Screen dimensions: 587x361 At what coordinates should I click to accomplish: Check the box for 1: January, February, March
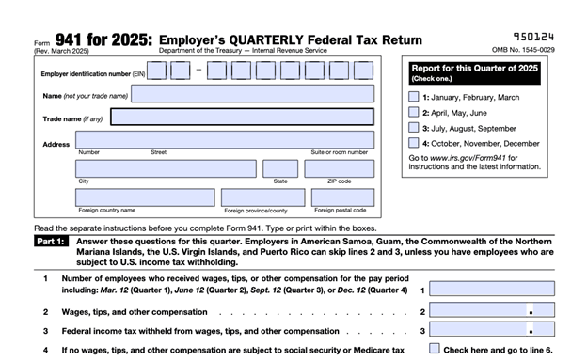[414, 97]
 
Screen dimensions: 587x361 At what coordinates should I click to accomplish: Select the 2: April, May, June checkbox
[414, 112]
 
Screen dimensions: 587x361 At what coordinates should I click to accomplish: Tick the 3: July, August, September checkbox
[414, 127]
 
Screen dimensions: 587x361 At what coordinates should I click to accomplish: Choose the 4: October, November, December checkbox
[414, 143]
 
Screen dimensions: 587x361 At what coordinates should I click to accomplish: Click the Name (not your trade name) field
[251, 94]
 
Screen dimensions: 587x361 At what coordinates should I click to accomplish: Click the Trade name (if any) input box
[241, 118]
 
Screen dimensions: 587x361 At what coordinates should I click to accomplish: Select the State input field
[280, 168]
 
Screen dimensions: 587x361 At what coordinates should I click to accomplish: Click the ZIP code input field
[341, 168]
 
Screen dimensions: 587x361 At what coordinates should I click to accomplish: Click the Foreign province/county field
[263, 197]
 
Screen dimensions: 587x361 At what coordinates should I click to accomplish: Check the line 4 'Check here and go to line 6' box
[435, 350]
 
